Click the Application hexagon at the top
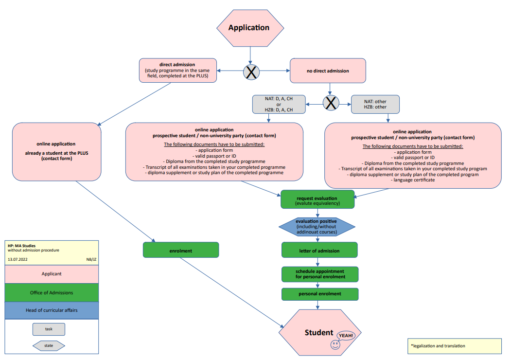(249, 28)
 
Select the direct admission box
(177, 71)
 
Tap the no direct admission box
(328, 71)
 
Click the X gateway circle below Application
(251, 72)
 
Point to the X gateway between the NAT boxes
(331, 103)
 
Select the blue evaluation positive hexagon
(317, 226)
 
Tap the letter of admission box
(319, 251)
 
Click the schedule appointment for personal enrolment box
(320, 274)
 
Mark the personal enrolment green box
(320, 294)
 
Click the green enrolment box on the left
(181, 251)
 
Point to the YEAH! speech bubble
(346, 336)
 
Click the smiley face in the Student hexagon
(335, 344)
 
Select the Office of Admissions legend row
(52, 292)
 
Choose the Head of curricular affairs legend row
(52, 310)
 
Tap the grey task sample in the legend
(49, 329)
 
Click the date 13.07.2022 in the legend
(18, 260)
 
